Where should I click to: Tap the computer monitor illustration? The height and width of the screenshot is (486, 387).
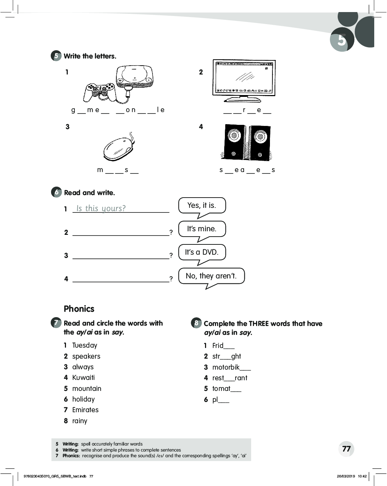point(244,79)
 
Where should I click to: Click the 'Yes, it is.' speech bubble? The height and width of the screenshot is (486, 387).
point(202,205)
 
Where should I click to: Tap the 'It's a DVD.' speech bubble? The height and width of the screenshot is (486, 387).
point(201,252)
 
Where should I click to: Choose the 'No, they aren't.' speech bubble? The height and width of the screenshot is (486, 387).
point(211,276)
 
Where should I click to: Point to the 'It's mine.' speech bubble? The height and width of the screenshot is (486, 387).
point(201,229)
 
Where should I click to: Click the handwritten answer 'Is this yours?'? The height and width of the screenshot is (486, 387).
point(101,208)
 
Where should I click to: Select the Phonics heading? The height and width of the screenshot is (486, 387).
point(79,309)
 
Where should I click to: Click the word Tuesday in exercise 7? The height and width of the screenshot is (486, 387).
point(84,345)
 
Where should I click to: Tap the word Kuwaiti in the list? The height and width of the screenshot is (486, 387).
point(83,377)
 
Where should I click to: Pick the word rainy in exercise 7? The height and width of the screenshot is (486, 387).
point(79,421)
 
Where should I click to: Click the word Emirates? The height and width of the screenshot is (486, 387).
point(85,410)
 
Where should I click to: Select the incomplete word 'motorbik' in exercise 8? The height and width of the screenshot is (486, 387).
point(226,367)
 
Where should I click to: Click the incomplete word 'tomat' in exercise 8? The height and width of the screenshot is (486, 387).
point(221,388)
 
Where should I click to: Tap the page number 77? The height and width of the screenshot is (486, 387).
point(346,449)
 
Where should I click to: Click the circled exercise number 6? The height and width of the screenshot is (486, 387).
point(56,192)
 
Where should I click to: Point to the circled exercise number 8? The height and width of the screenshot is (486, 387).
point(196,323)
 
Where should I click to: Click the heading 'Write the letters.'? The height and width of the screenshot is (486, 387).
point(90,56)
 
